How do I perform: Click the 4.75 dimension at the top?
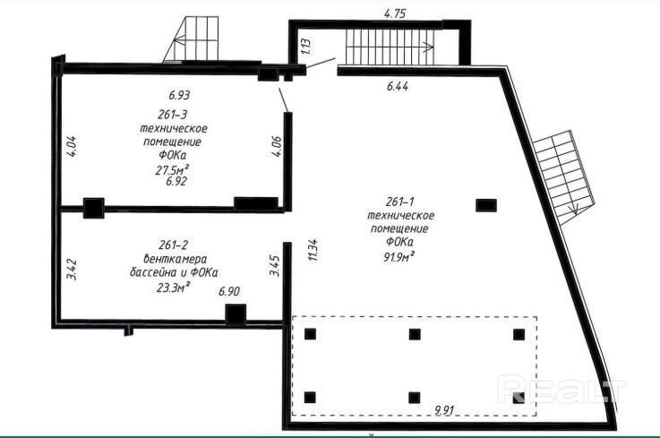[x=395, y=13]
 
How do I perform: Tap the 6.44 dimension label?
[x=398, y=86]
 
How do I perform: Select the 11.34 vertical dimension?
[x=313, y=250]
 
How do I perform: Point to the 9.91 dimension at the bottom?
[x=445, y=410]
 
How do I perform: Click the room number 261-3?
[x=173, y=114]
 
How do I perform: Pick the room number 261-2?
[x=173, y=245]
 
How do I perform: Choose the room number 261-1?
[x=400, y=202]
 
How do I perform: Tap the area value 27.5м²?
[x=172, y=169]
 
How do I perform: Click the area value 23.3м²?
[x=173, y=288]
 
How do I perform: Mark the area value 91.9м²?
[x=399, y=256]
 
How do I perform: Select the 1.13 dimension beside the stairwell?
[x=306, y=47]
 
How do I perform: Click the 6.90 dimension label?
[x=229, y=291]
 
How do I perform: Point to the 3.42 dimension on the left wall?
[x=72, y=270]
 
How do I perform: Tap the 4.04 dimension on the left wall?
[x=72, y=146]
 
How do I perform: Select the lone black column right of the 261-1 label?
[x=486, y=205]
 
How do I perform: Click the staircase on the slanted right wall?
[x=564, y=176]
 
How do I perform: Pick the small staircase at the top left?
[x=191, y=40]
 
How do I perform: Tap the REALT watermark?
[x=561, y=389]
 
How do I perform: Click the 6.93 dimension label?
[x=179, y=95]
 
